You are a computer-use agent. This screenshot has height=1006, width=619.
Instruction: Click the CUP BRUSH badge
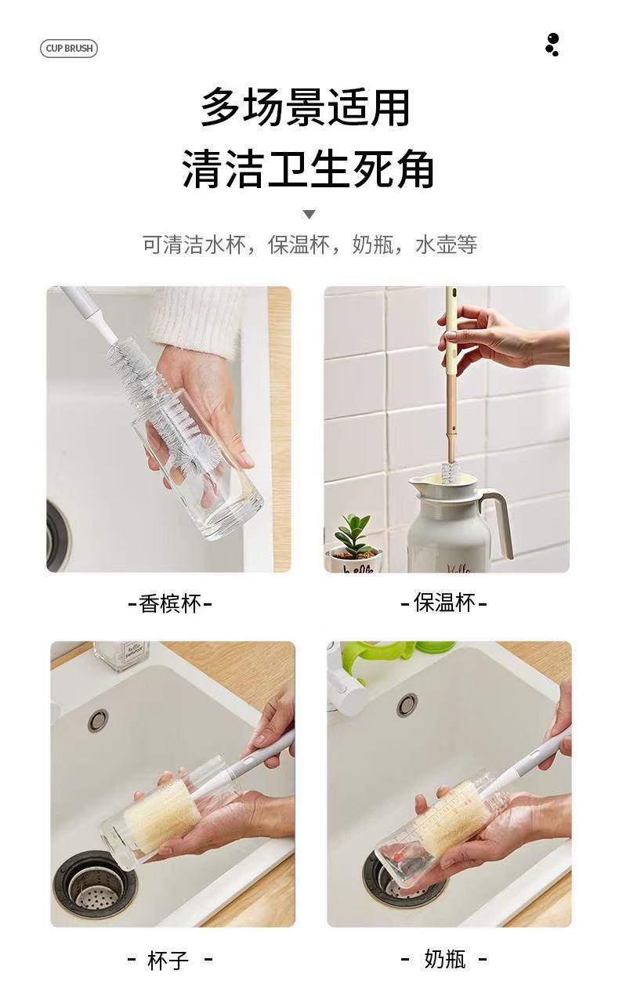[x=69, y=48]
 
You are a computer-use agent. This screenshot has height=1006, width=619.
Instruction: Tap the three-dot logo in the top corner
[x=552, y=45]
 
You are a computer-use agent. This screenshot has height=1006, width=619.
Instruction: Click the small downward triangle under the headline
[x=309, y=214]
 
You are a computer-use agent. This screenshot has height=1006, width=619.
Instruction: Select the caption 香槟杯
[x=170, y=603]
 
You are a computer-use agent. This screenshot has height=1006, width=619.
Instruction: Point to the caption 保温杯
[x=443, y=603]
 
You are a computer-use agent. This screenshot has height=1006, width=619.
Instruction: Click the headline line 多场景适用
[x=305, y=108]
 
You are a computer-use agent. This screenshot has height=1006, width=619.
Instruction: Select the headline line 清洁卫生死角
[x=308, y=169]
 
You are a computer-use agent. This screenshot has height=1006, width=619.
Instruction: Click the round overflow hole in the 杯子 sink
[x=97, y=721]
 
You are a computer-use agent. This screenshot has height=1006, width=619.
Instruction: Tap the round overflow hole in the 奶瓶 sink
[x=407, y=704]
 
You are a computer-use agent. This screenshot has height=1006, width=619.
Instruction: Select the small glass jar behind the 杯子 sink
[x=121, y=655]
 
